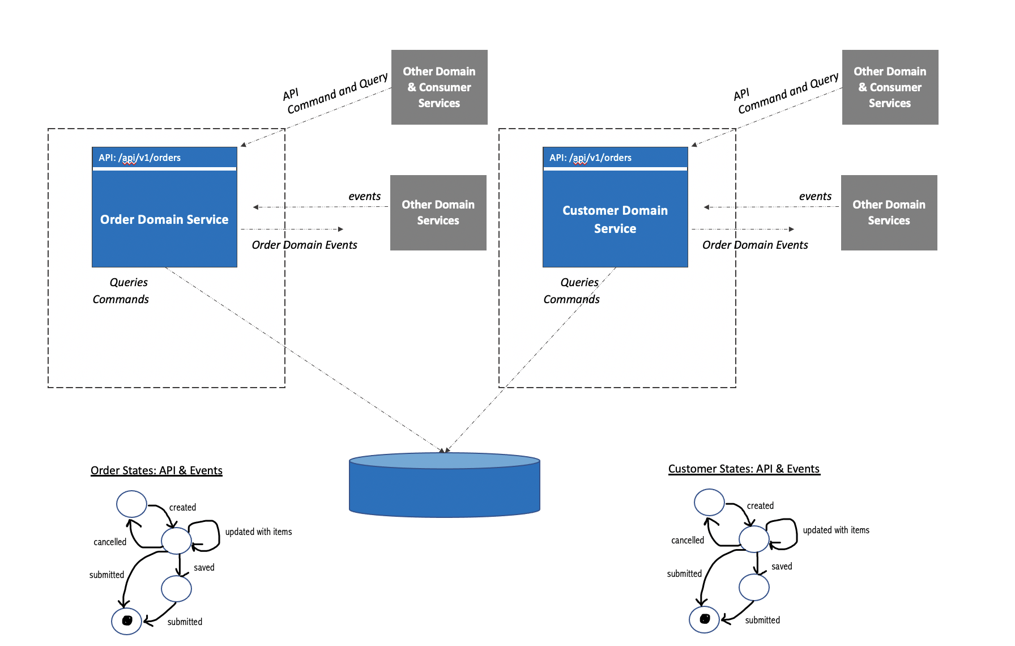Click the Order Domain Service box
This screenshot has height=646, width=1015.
pyautogui.click(x=164, y=219)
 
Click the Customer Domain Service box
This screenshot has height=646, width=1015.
pyautogui.click(x=615, y=219)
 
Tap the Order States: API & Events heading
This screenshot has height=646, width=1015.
pyautogui.click(x=156, y=470)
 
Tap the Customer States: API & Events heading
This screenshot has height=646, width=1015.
pyautogui.click(x=744, y=469)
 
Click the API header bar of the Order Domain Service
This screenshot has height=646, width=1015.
pyautogui.click(x=164, y=158)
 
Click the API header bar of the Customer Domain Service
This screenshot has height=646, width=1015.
pyautogui.click(x=615, y=158)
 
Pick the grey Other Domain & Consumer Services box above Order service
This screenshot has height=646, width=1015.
pyautogui.click(x=439, y=87)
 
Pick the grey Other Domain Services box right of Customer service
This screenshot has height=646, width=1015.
pyautogui.click(x=889, y=212)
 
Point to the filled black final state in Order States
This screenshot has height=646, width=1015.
pyautogui.click(x=127, y=620)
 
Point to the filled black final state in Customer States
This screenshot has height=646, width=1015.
pyautogui.click(x=705, y=619)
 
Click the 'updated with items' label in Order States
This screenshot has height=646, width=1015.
pyautogui.click(x=258, y=532)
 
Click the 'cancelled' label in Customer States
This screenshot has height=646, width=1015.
pyautogui.click(x=688, y=540)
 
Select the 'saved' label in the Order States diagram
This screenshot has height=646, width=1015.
pyautogui.click(x=204, y=567)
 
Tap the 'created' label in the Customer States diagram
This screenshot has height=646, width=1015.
pyautogui.click(x=760, y=505)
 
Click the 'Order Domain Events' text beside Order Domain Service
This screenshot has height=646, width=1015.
pyautogui.click(x=304, y=245)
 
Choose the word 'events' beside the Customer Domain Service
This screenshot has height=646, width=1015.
pyautogui.click(x=815, y=196)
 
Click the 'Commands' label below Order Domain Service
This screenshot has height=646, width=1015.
pyautogui.click(x=121, y=299)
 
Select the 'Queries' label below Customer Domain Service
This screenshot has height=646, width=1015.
pyautogui.click(x=579, y=282)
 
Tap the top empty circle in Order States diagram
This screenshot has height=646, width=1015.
pyautogui.click(x=131, y=504)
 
